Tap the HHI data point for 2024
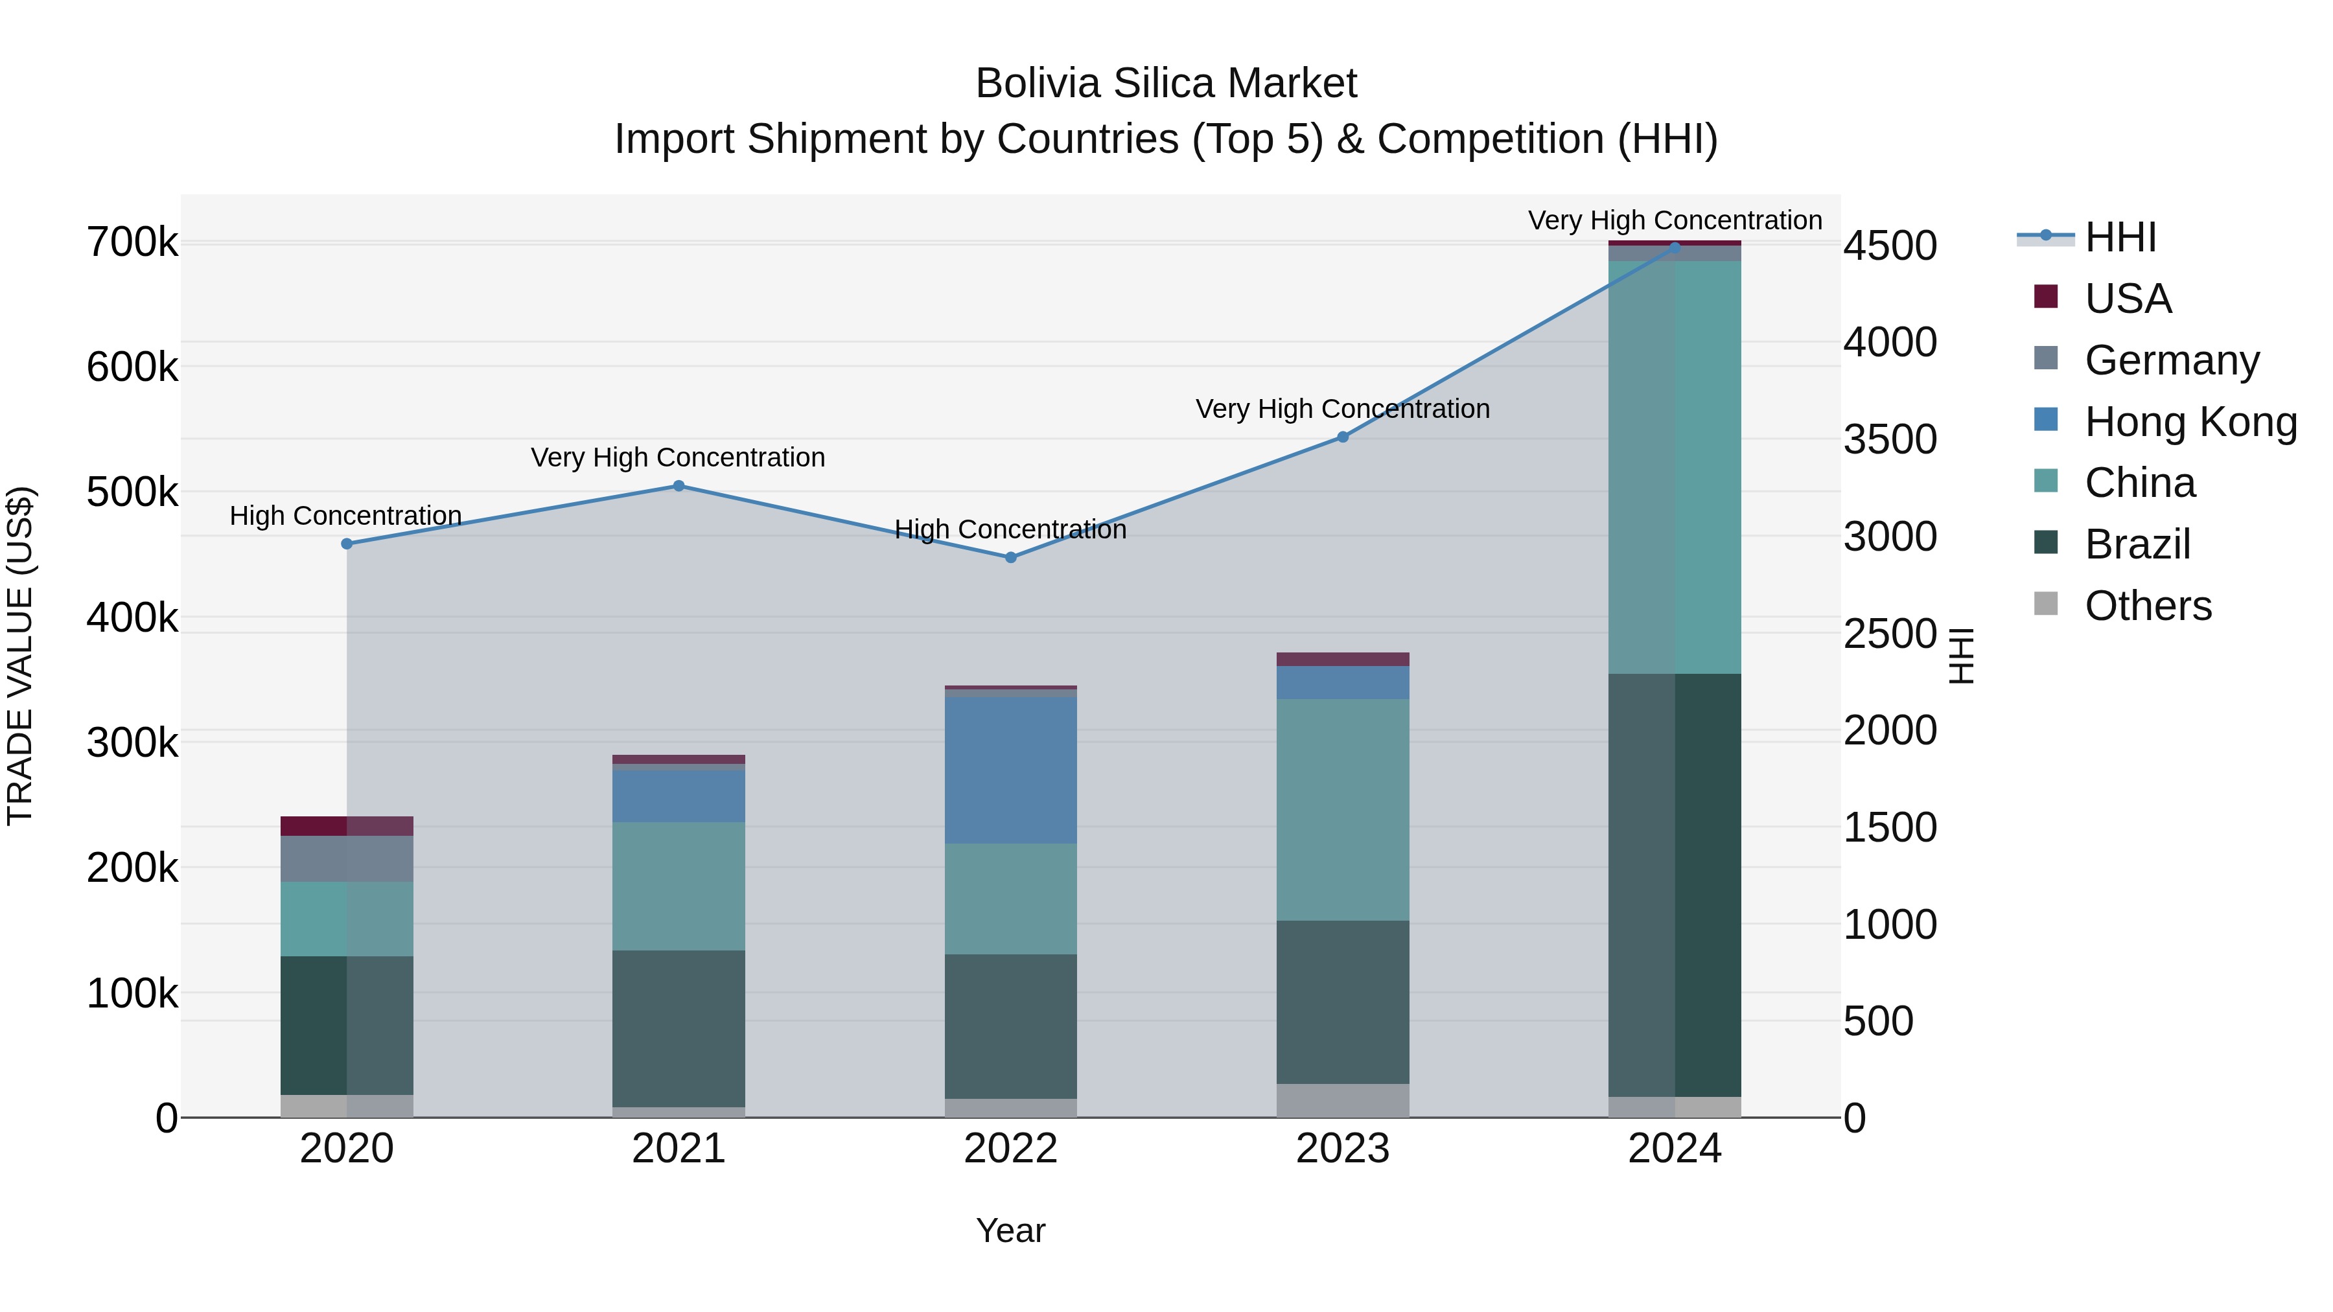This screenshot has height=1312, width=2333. (1675, 247)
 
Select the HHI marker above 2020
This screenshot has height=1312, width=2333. (347, 544)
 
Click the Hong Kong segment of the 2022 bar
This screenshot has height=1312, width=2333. (1011, 770)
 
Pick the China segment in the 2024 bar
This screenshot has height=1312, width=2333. (1675, 467)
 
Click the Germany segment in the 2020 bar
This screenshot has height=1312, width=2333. (347, 858)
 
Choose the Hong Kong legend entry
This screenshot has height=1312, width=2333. (2190, 422)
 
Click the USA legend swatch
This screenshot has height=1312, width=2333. (2046, 297)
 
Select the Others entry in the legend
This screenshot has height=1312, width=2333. (2148, 606)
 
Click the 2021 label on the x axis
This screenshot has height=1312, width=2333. (679, 1149)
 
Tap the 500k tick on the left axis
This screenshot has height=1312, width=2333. (132, 494)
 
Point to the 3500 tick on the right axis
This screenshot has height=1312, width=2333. (1891, 440)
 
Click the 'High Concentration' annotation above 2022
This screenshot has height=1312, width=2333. (1011, 530)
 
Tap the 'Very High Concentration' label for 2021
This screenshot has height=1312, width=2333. (679, 458)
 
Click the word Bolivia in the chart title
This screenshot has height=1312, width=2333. (1038, 84)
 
